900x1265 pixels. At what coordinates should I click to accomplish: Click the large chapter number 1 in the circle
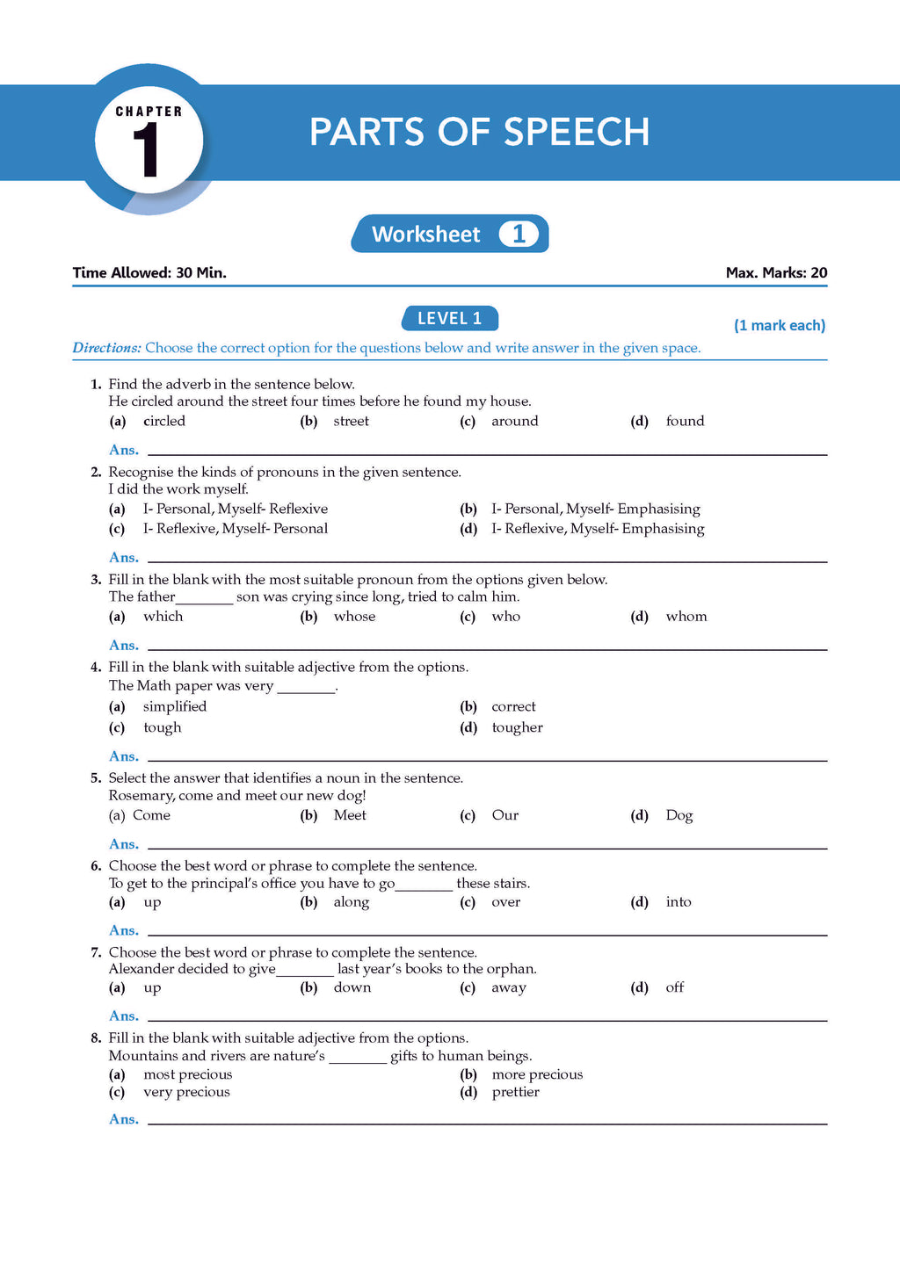click(147, 150)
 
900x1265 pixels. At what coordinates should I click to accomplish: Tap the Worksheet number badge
click(519, 234)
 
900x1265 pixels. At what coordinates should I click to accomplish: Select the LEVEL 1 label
click(449, 318)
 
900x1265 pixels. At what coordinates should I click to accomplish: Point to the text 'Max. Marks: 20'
click(776, 272)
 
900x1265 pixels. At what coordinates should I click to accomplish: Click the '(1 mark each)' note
click(780, 325)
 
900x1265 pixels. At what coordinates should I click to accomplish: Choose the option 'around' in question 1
click(514, 421)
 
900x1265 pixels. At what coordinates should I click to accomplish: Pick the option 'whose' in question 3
click(354, 616)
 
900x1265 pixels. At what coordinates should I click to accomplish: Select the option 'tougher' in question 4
click(517, 727)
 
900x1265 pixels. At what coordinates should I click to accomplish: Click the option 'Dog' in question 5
click(679, 815)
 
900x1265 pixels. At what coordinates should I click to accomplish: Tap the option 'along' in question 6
click(351, 902)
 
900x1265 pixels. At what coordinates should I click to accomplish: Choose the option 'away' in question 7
click(508, 987)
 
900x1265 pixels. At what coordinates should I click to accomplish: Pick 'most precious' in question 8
click(187, 1074)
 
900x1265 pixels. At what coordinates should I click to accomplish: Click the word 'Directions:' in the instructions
click(106, 348)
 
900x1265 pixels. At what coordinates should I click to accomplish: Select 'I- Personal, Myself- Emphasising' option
click(595, 509)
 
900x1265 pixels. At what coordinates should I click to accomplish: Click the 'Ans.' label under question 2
click(124, 557)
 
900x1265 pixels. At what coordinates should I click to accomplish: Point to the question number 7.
click(96, 952)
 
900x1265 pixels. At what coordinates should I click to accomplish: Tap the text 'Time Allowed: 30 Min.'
click(149, 272)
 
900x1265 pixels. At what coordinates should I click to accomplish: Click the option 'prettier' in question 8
click(515, 1092)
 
